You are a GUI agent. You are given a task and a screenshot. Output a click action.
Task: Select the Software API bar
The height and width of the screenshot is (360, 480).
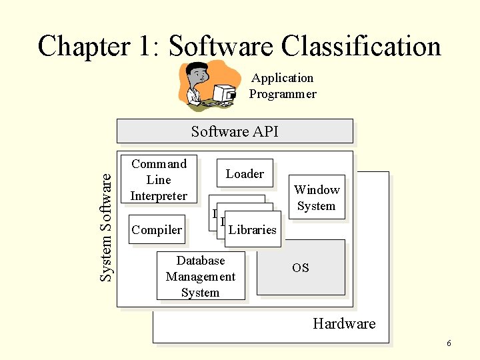pos(235,131)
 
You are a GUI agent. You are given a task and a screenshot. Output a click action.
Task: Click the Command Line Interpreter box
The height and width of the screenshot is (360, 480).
pos(159,179)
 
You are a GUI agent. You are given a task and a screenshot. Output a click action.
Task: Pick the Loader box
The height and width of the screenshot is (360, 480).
pos(245,174)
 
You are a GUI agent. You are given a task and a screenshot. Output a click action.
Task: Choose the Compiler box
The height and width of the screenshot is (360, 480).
pos(157,230)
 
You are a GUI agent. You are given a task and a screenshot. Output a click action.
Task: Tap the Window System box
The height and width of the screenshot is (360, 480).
pos(317,198)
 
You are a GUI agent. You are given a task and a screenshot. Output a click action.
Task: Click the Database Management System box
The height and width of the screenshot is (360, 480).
pos(201,276)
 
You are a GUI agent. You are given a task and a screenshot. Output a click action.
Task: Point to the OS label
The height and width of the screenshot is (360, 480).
pos(301,268)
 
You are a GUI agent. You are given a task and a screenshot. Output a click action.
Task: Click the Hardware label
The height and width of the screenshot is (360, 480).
pos(344,324)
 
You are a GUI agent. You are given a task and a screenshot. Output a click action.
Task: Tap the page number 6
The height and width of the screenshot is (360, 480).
pos(449,343)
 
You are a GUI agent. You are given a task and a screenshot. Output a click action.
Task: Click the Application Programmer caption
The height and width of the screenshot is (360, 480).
pos(283,86)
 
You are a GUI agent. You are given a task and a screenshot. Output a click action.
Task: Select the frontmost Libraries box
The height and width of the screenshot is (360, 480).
pos(252,230)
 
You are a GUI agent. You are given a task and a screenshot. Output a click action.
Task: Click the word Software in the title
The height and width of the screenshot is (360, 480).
pos(221,47)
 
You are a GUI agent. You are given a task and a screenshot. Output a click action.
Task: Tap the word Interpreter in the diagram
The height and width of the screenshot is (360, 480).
pos(159,196)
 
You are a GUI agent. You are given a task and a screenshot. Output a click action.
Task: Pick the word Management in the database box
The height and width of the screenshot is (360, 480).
pos(201,277)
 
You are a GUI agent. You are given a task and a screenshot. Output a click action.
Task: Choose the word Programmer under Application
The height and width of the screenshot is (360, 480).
pos(283,94)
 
